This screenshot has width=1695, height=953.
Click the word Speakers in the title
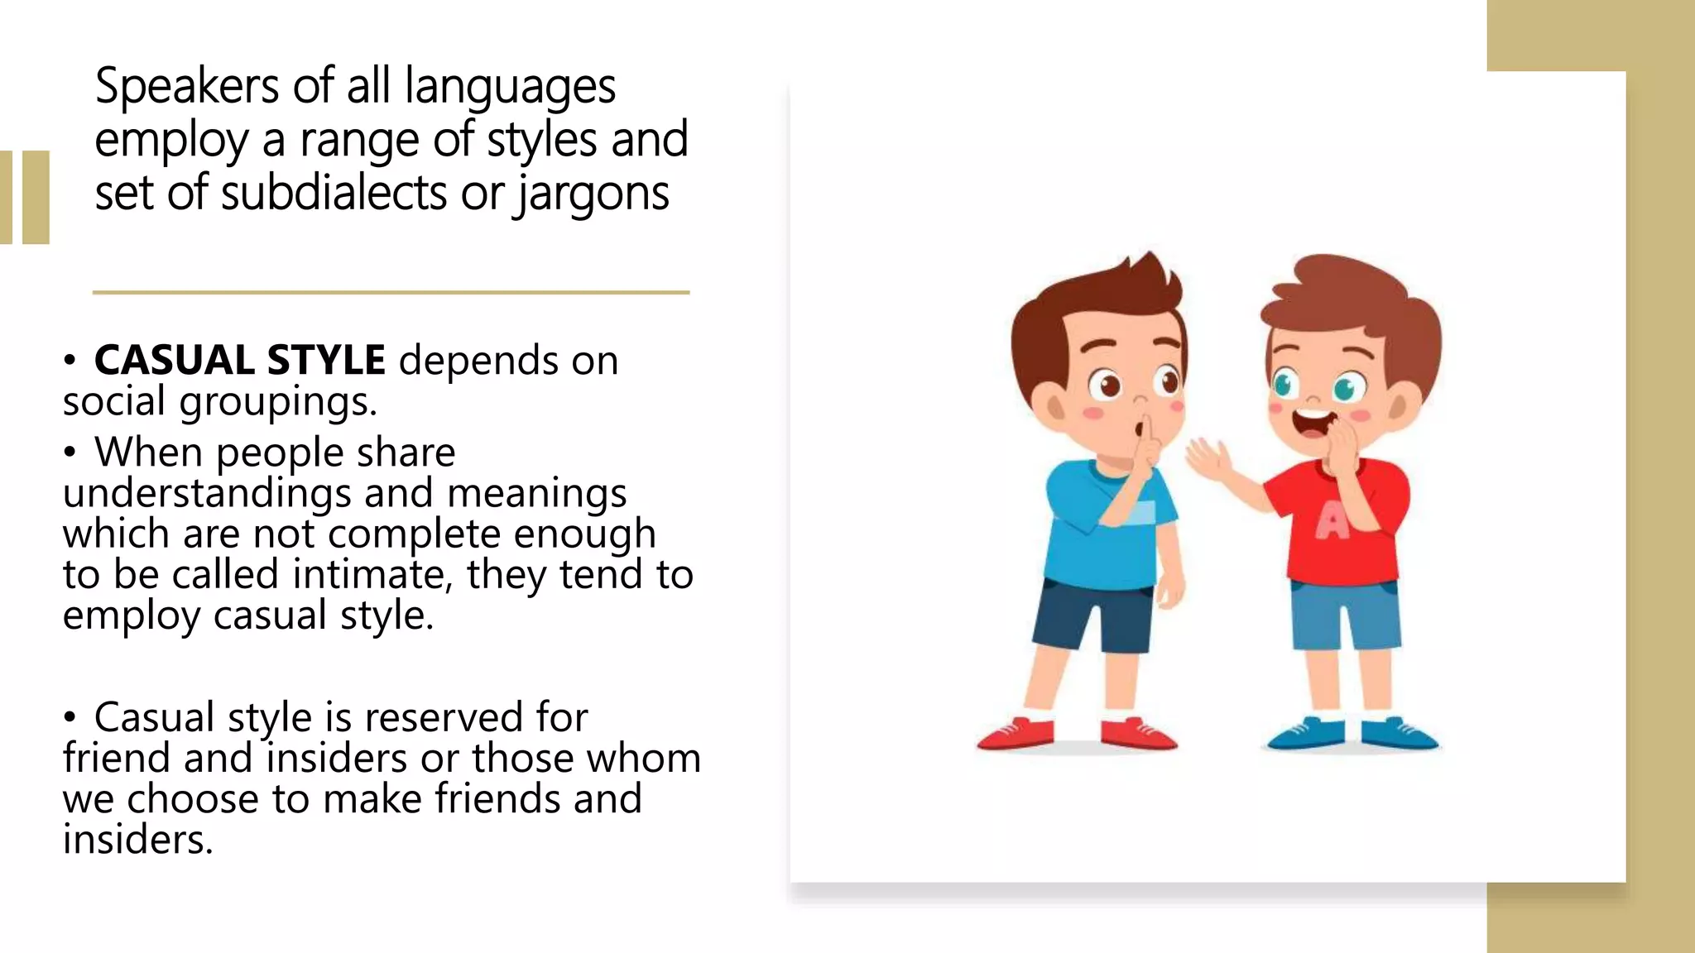coord(187,86)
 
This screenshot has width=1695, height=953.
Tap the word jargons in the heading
coord(592,194)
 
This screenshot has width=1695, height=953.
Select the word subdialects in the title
coord(334,194)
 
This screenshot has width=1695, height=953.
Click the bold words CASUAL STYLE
coord(239,361)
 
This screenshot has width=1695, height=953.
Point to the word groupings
coord(278,402)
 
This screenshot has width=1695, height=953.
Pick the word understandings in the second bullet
coord(207,493)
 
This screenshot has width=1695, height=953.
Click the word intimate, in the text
coord(372,574)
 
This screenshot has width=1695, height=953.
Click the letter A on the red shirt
coord(1332,521)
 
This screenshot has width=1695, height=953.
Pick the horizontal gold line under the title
coord(391,292)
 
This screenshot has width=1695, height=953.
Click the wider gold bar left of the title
coord(36,197)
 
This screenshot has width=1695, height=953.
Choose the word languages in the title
coord(510,86)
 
